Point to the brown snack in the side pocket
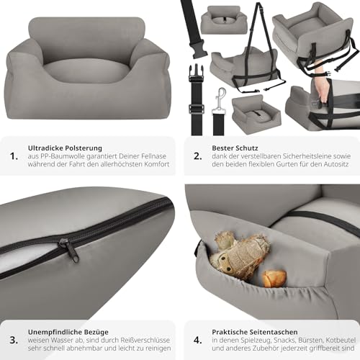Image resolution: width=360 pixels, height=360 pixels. (x=274, y=278)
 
